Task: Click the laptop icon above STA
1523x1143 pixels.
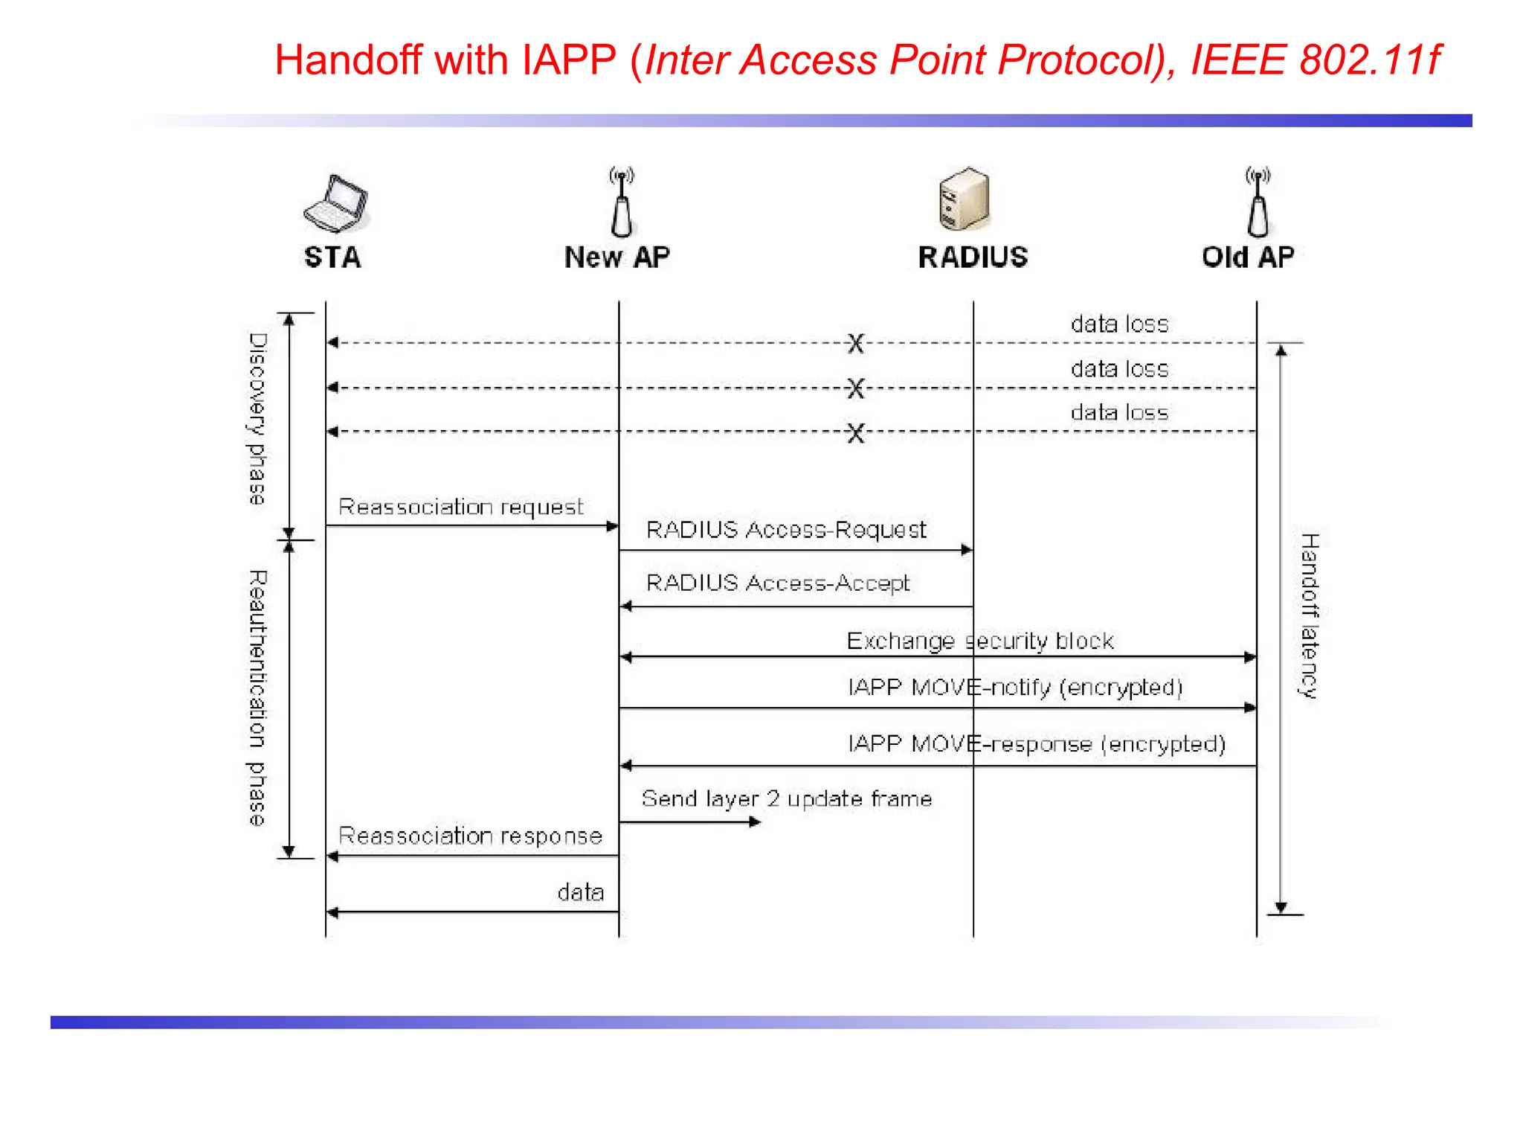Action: click(336, 203)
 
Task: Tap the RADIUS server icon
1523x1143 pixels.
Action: click(965, 199)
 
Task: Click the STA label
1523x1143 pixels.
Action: click(332, 257)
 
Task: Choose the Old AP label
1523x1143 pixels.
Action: click(1248, 257)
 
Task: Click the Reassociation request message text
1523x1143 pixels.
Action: click(461, 508)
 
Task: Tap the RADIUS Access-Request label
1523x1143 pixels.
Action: click(786, 530)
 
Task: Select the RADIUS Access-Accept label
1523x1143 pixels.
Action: click(778, 583)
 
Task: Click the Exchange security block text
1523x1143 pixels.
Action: click(980, 641)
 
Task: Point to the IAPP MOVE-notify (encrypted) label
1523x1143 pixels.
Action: click(1015, 687)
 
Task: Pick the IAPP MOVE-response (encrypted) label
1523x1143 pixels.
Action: click(1037, 744)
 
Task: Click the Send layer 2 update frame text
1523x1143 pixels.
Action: click(786, 799)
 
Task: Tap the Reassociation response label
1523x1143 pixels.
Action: click(470, 836)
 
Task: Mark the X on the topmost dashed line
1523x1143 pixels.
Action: click(856, 343)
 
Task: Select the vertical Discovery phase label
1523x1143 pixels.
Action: click(257, 419)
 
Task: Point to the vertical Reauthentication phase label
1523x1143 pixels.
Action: click(257, 698)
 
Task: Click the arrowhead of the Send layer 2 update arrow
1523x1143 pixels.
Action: click(755, 822)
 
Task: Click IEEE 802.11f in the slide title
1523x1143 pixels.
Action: click(1315, 60)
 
